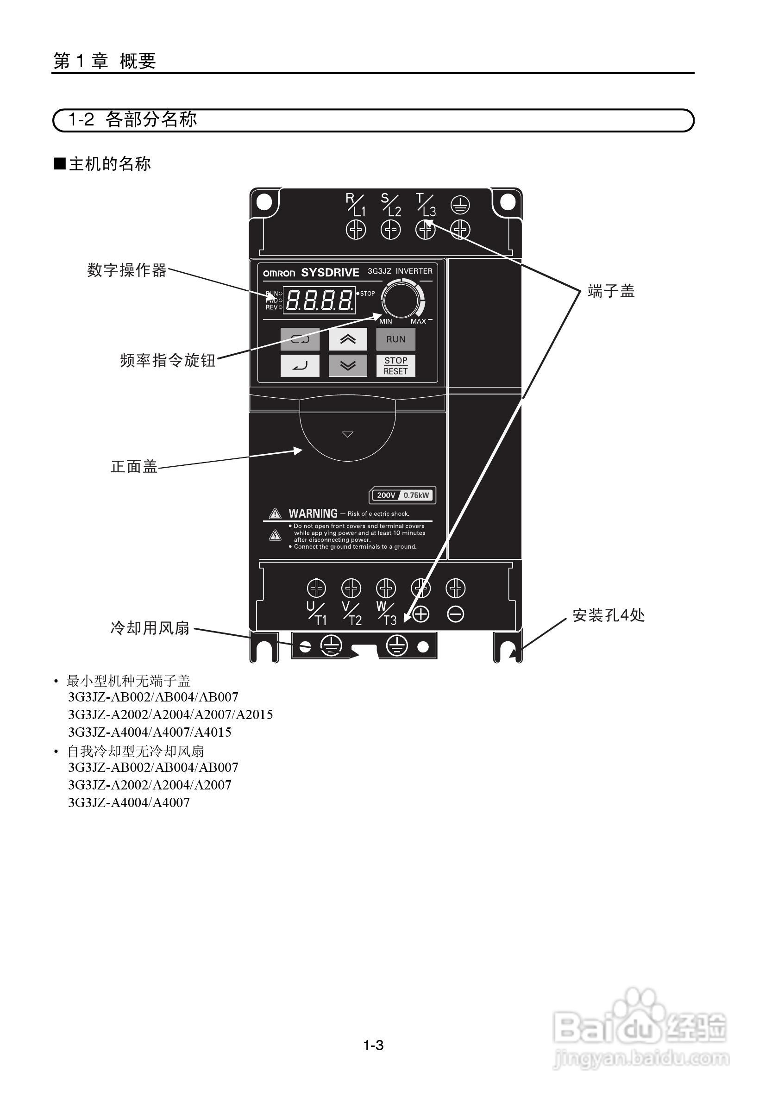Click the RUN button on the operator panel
click(395, 339)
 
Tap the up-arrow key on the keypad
click(347, 339)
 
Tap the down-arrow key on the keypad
click(347, 366)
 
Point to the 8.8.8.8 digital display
click(319, 301)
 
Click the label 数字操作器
click(127, 270)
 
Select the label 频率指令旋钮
click(168, 360)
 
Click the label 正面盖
click(134, 466)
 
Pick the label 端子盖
click(611, 291)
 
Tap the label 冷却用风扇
click(150, 628)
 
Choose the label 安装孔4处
click(608, 615)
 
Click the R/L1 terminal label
click(356, 205)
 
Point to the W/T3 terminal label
click(386, 614)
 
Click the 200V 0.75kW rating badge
click(402, 495)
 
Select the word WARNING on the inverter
click(313, 513)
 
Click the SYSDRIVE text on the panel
click(330, 273)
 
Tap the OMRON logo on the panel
click(279, 274)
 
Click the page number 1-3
click(373, 1045)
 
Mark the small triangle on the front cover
click(347, 434)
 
